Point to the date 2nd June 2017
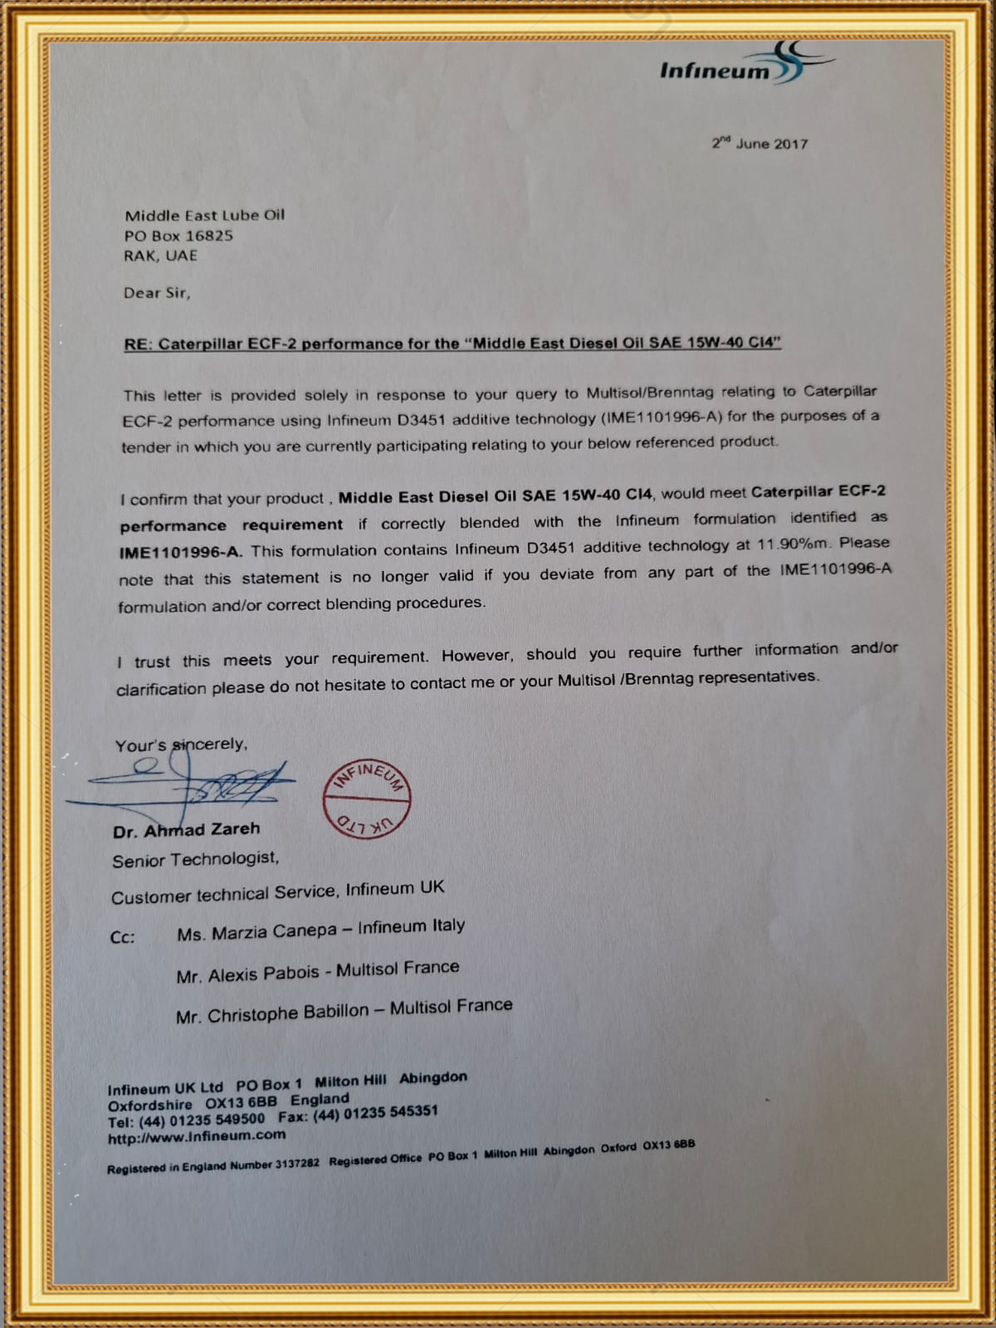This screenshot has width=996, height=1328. coord(759,144)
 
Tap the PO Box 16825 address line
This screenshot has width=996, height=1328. coord(178,236)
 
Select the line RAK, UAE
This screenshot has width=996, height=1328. coord(161,256)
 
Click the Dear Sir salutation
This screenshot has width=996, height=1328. coord(157,293)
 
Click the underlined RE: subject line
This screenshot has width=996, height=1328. coord(452,343)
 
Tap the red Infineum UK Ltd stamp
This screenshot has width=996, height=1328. coord(366,798)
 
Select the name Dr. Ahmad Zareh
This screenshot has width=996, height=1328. coord(187,830)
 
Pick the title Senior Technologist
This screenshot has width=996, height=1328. coord(195,860)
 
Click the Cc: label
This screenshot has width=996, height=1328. coord(122,937)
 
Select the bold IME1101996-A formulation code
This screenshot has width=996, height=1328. coord(181,552)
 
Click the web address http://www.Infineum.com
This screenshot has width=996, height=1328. coord(197,1136)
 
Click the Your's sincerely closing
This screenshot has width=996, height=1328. coord(181,745)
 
